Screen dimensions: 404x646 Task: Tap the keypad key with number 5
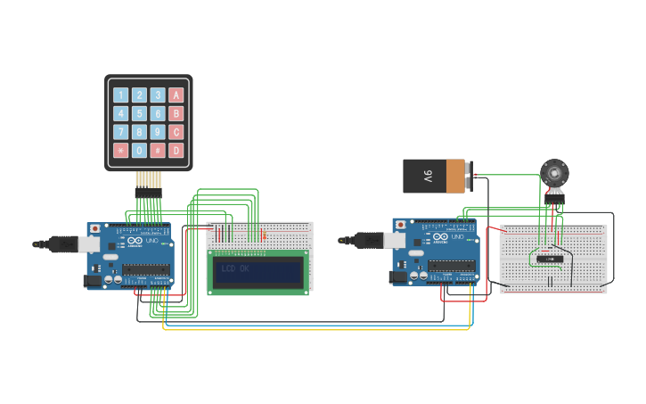(139, 113)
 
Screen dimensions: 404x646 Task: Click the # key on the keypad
(158, 151)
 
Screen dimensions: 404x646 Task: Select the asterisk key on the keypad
(120, 151)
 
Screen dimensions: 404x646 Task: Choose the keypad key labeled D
(176, 151)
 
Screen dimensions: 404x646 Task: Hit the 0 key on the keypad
(139, 151)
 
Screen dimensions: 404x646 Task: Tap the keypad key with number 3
(158, 95)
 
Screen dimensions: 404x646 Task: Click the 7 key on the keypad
(120, 132)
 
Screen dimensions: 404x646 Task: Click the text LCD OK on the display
(235, 268)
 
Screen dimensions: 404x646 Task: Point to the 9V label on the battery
(428, 176)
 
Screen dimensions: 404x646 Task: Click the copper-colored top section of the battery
(455, 176)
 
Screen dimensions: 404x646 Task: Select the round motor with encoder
(554, 172)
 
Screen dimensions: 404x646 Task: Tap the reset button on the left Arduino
(94, 228)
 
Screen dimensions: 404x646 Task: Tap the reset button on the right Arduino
(400, 224)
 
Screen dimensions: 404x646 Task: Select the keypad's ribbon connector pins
(148, 191)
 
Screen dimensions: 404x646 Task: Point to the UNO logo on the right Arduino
(458, 237)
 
